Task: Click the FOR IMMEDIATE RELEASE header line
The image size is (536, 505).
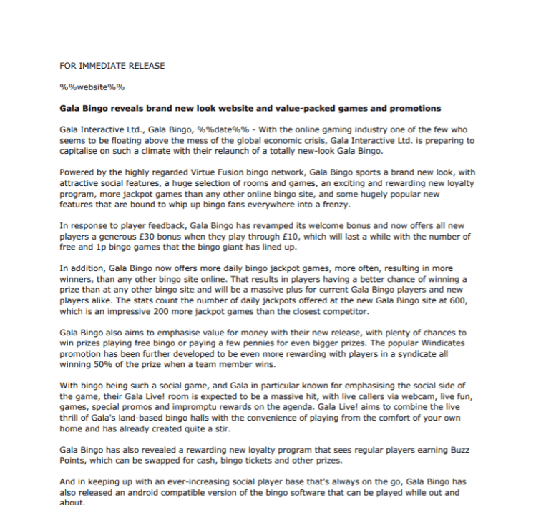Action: click(112, 66)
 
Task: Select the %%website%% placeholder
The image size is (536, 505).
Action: click(92, 87)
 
